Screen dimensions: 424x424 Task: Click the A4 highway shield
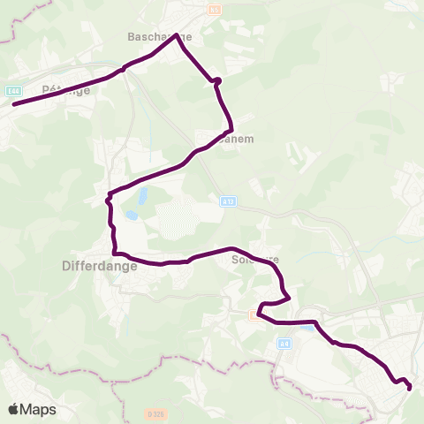[284, 344]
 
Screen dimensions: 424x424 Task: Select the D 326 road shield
[155, 413]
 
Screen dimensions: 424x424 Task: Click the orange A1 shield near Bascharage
[215, 10]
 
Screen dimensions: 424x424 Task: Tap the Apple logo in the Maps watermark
[14, 409]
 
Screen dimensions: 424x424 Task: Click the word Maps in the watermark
[39, 410]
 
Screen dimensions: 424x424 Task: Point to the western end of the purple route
[13, 104]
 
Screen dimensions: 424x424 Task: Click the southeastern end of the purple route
[410, 387]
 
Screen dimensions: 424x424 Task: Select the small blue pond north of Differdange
[132, 215]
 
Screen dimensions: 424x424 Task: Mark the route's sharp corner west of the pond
[109, 194]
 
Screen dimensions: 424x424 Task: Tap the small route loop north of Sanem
[217, 81]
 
